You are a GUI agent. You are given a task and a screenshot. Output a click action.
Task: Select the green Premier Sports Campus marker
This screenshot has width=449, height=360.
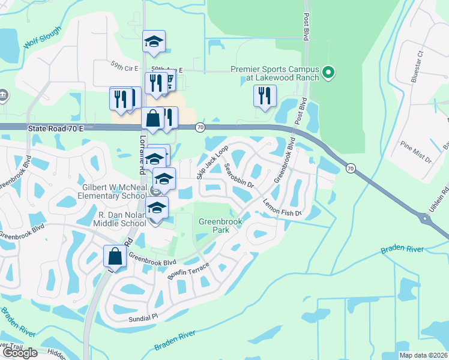pyautogui.click(x=328, y=73)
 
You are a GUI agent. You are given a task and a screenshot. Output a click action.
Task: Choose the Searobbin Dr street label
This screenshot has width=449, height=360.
pyautogui.click(x=240, y=176)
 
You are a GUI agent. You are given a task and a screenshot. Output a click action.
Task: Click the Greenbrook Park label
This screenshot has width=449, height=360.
pyautogui.click(x=221, y=226)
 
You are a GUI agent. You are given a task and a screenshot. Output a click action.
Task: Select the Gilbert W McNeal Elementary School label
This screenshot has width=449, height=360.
pyautogui.click(x=115, y=191)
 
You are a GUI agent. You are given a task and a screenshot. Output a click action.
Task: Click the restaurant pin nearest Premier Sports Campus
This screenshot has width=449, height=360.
pyautogui.click(x=265, y=96)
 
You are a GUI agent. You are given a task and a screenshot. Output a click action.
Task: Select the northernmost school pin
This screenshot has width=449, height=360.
pyautogui.click(x=154, y=41)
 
